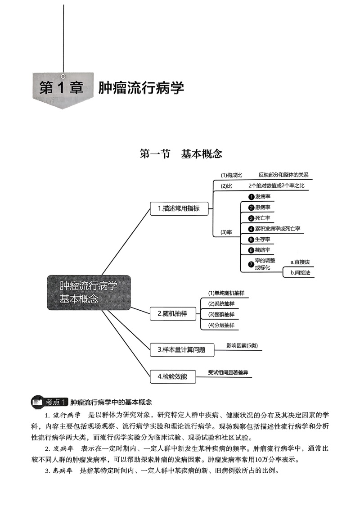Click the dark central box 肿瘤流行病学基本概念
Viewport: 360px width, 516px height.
pyautogui.click(x=89, y=292)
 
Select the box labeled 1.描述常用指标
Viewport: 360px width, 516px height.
pyautogui.click(x=179, y=208)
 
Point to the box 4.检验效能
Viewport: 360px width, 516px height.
pyautogui.click(x=172, y=376)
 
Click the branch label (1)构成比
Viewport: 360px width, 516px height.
pyautogui.click(x=231, y=175)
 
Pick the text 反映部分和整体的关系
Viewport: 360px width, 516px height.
pyautogui.click(x=283, y=175)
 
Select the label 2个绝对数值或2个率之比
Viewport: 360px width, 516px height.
pyautogui.click(x=279, y=186)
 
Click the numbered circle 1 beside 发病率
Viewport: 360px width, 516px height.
pyautogui.click(x=252, y=197)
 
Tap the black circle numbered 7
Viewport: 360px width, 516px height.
pyautogui.click(x=252, y=264)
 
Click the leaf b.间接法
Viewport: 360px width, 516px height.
pyautogui.click(x=300, y=272)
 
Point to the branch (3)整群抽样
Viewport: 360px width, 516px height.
pyautogui.click(x=221, y=314)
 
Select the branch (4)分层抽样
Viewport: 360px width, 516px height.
pyautogui.click(x=221, y=325)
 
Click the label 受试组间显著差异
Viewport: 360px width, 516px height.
pyautogui.click(x=228, y=373)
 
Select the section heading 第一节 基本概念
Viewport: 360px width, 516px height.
pyautogui.click(x=181, y=154)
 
